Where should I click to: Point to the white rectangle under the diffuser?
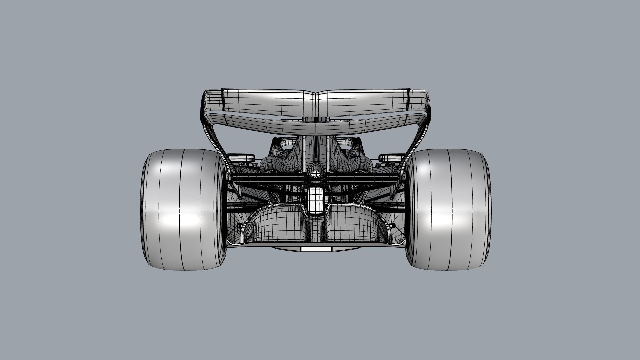[316, 249]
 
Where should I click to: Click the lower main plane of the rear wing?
[316, 125]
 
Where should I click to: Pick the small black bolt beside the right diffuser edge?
[392, 226]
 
